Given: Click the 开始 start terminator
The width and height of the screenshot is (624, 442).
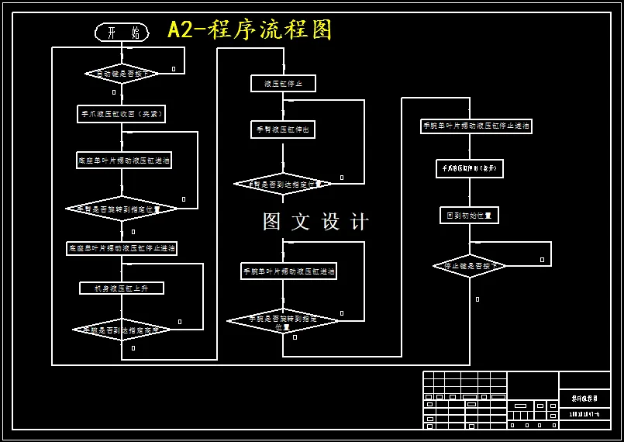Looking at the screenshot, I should click(x=122, y=33).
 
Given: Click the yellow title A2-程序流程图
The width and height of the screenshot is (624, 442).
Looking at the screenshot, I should click(x=250, y=29).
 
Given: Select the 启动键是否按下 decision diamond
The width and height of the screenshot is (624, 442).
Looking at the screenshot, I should click(x=122, y=74).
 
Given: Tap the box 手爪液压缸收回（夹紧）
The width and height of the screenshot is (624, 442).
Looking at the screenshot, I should click(x=122, y=114).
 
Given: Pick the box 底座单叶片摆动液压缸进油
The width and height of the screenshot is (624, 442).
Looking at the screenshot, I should click(x=124, y=161).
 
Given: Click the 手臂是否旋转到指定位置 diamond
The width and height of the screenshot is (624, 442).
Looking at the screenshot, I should click(x=122, y=209).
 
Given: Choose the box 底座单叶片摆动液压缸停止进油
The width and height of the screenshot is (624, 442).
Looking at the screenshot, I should click(x=122, y=249).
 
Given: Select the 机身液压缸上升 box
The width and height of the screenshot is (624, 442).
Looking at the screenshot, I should click(x=122, y=288).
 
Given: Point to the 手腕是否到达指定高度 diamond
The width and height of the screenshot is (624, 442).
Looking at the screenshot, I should click(x=122, y=330).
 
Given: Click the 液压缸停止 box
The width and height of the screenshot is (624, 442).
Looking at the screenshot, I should click(x=283, y=84).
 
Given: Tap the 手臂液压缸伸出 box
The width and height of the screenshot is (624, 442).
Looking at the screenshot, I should click(x=283, y=130).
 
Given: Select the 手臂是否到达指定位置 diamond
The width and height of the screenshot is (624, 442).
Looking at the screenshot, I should click(x=283, y=184).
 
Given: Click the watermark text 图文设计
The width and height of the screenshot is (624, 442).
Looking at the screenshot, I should click(x=315, y=222).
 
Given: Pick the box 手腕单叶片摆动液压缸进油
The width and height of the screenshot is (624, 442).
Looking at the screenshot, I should click(x=288, y=271).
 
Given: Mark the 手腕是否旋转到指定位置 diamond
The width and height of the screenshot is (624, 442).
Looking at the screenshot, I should click(x=283, y=321).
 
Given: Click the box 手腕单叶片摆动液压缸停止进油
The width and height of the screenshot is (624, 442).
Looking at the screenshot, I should click(x=476, y=126).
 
